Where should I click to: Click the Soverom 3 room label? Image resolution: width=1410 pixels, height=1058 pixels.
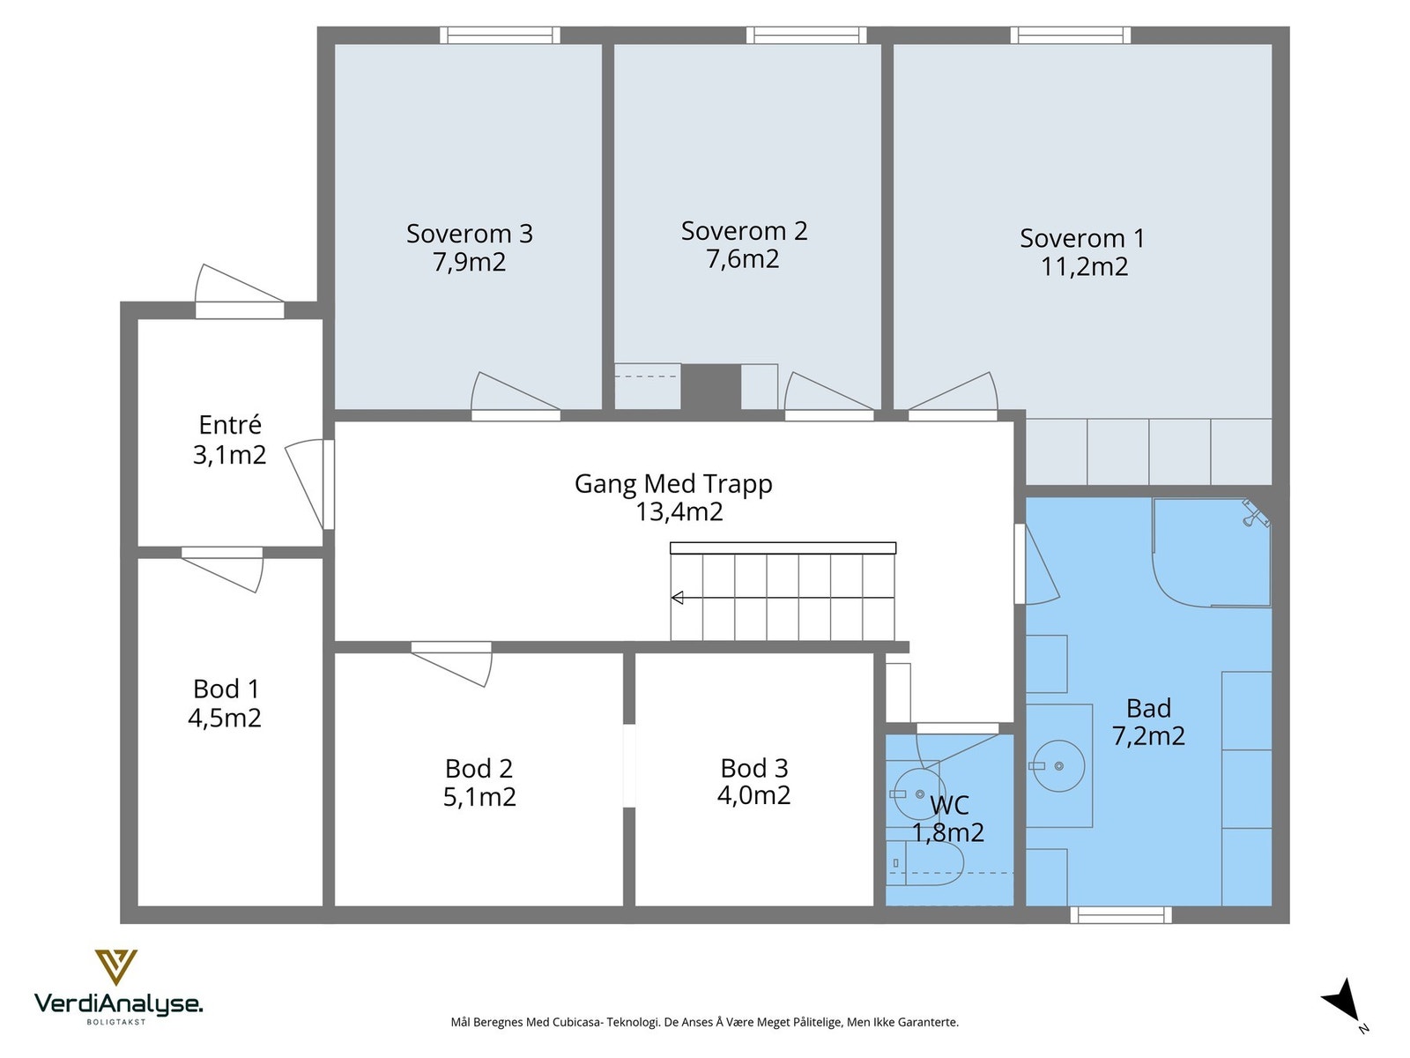pyautogui.click(x=470, y=233)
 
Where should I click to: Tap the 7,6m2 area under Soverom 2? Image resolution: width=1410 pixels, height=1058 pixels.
pyautogui.click(x=743, y=259)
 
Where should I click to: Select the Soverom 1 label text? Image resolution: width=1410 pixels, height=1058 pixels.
pyautogui.click(x=1082, y=238)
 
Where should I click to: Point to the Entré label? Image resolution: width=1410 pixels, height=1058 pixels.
pyautogui.click(x=230, y=425)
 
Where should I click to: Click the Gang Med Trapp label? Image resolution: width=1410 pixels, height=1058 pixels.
pyautogui.click(x=673, y=484)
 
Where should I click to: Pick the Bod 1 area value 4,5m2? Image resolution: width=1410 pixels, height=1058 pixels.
pyautogui.click(x=225, y=718)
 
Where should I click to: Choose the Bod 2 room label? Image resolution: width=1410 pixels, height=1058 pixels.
pyautogui.click(x=479, y=768)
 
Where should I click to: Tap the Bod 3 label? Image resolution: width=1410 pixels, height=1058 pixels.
pyautogui.click(x=754, y=768)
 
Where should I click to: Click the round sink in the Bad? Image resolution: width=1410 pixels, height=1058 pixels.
pyautogui.click(x=1058, y=765)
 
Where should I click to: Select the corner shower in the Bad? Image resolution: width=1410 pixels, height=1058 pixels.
pyautogui.click(x=1211, y=553)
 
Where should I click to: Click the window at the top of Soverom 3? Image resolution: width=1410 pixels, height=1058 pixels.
pyautogui.click(x=500, y=35)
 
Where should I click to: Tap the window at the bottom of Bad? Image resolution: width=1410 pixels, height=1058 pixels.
pyautogui.click(x=1121, y=914)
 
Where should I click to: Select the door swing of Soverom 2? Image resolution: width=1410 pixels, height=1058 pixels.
pyautogui.click(x=828, y=391)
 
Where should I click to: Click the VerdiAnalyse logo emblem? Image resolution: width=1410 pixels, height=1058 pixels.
pyautogui.click(x=116, y=967)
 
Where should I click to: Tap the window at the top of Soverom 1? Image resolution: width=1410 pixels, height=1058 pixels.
pyautogui.click(x=1070, y=35)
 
